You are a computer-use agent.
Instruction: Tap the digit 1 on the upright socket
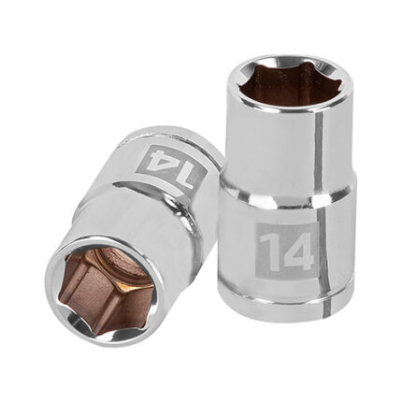[271, 251]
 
